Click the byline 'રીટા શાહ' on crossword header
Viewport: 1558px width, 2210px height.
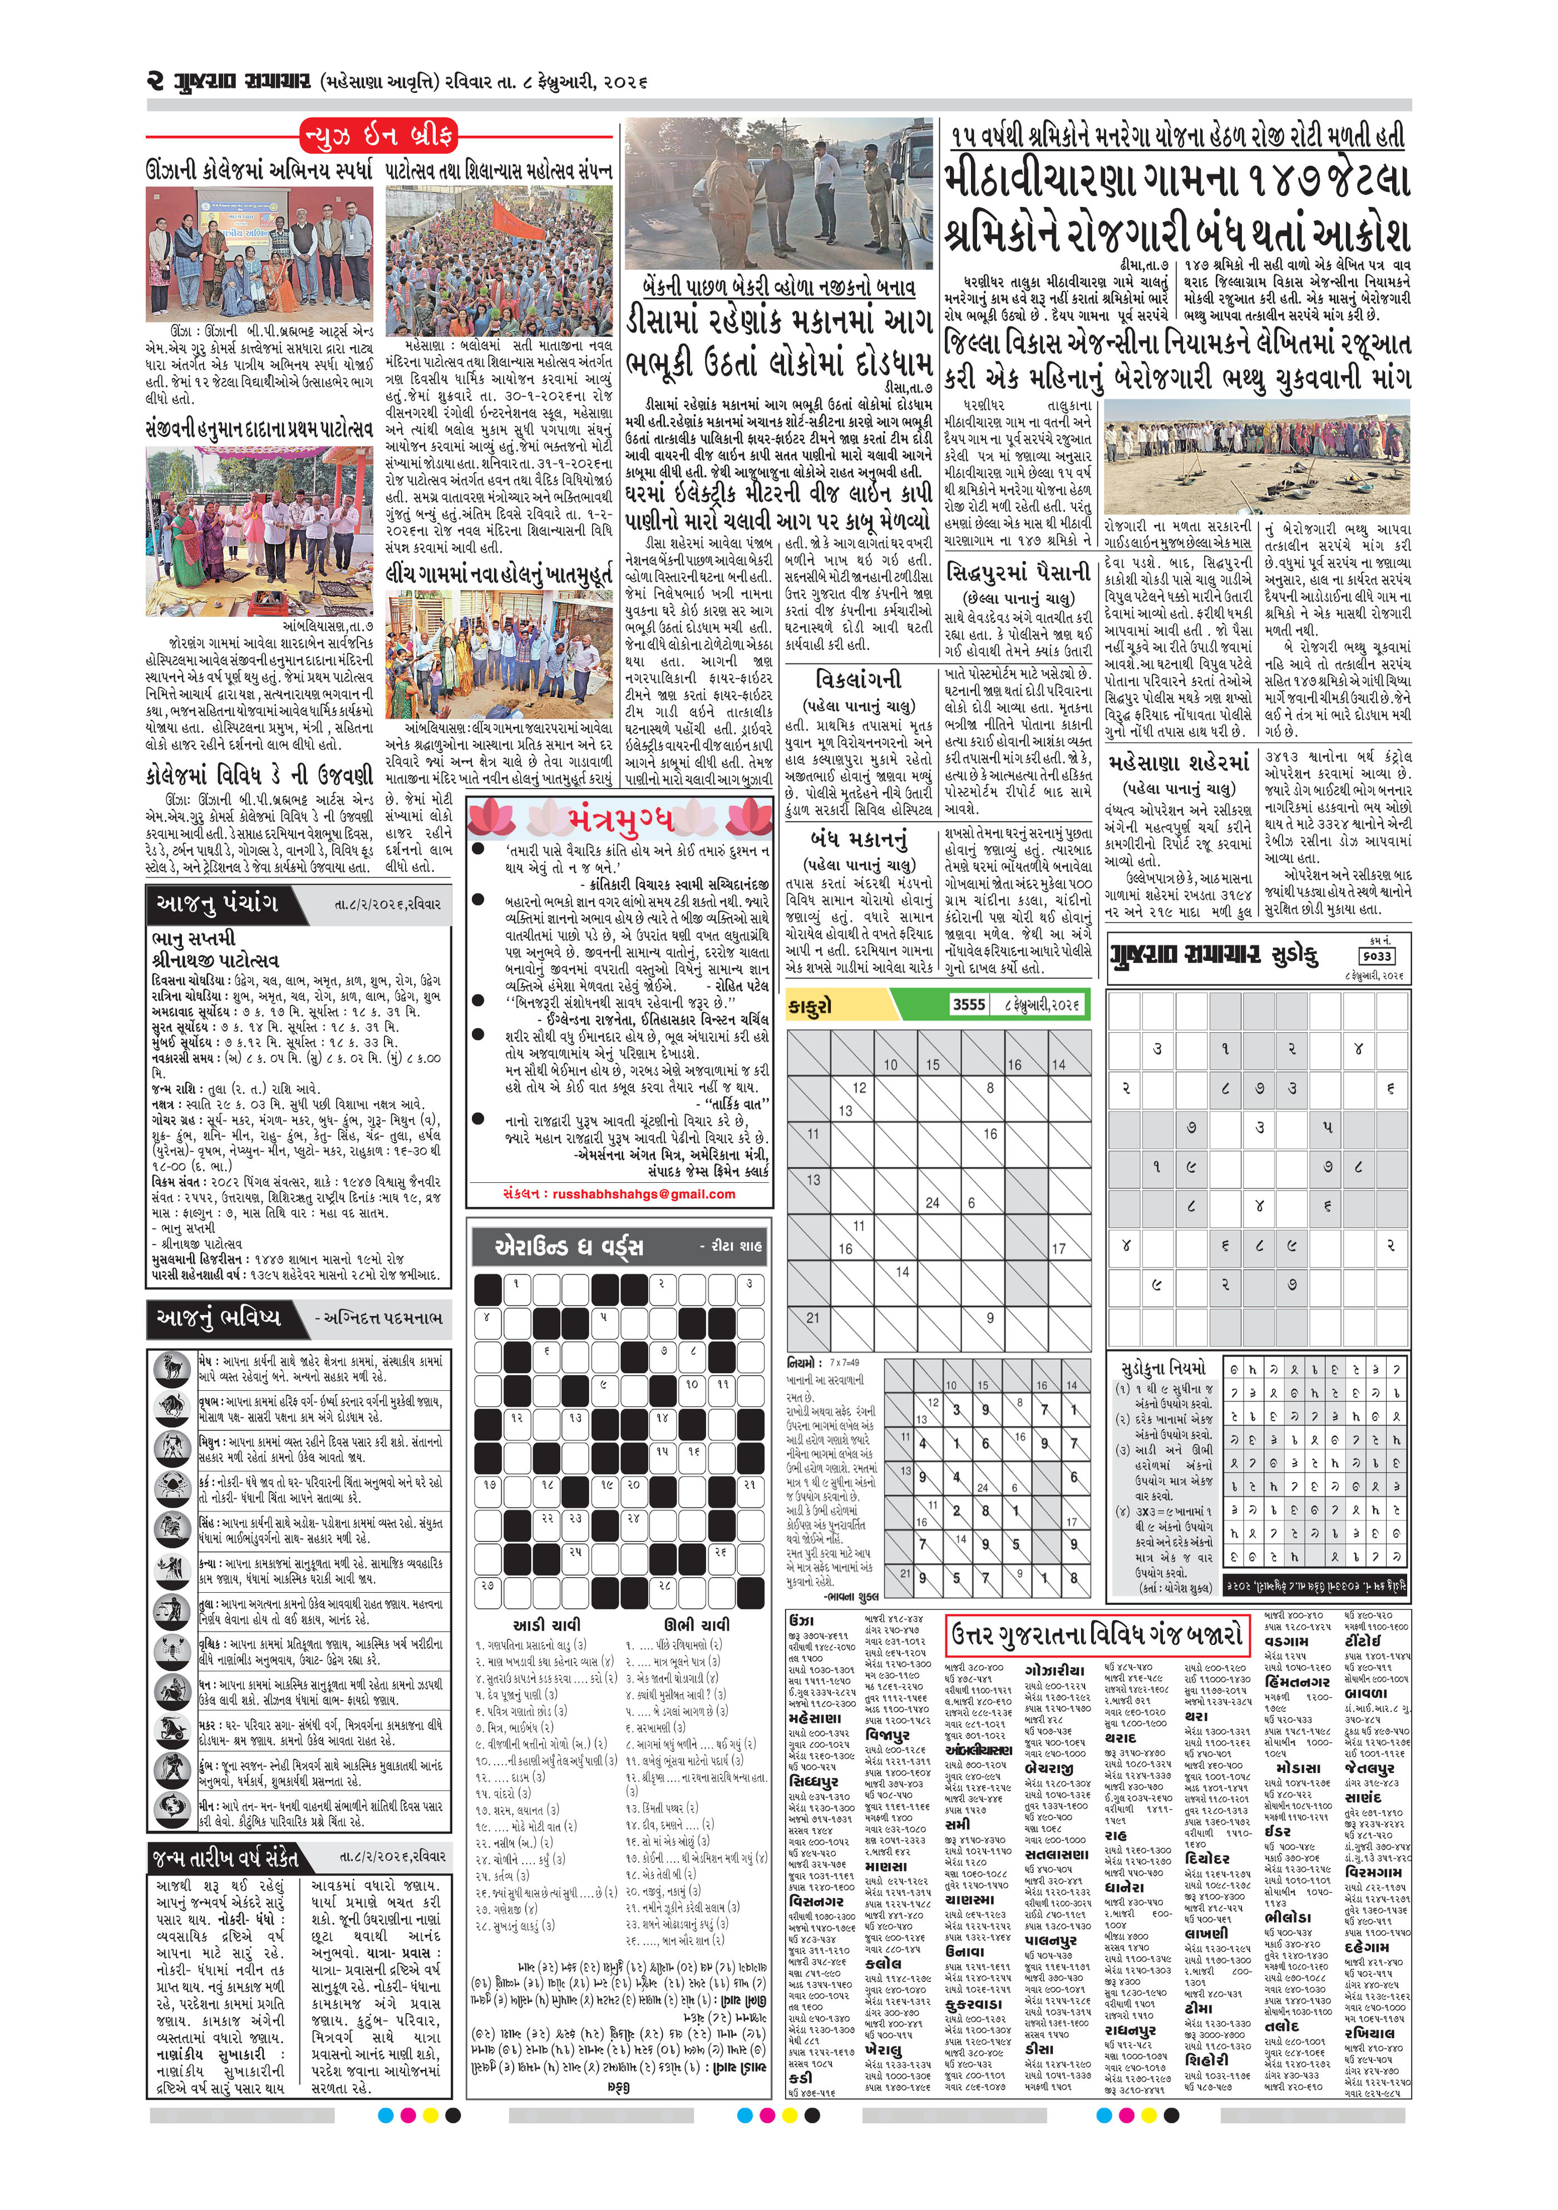[x=736, y=1246]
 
